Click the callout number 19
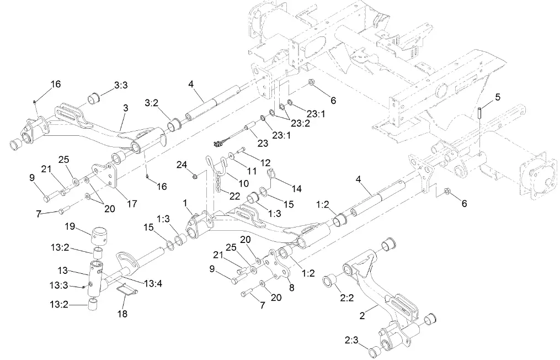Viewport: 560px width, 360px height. click(x=70, y=226)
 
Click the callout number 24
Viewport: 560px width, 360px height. click(x=183, y=164)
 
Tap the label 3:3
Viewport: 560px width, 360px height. click(x=121, y=85)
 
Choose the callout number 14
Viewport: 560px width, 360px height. click(x=297, y=188)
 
